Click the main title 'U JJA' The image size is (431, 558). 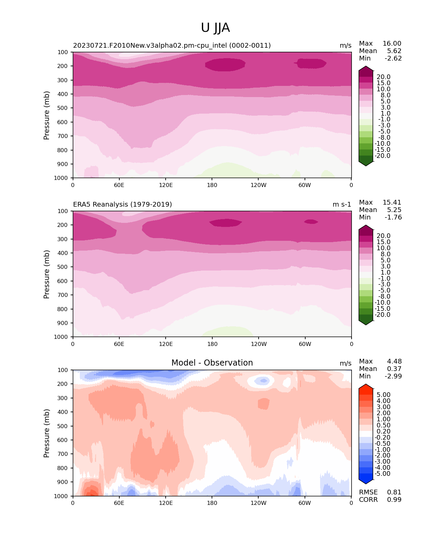pos(215,28)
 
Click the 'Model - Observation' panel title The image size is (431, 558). pos(212,363)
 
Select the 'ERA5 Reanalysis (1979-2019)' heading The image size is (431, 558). pos(122,204)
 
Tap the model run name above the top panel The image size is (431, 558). pos(172,45)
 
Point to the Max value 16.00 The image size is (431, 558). pos(392,43)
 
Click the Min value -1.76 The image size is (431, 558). pos(393,217)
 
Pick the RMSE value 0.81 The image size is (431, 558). pos(394,492)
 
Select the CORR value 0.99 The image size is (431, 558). pos(394,499)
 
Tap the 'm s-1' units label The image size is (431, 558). pos(342,204)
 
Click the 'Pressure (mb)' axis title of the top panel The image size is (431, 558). pos(47,115)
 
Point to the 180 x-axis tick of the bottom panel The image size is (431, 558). pos(212,503)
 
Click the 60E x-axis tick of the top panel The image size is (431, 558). pos(119,185)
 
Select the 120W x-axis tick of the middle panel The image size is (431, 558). pos(259,344)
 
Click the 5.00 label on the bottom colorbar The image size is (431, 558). pos(383,395)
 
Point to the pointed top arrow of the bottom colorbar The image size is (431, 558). pos(366,386)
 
